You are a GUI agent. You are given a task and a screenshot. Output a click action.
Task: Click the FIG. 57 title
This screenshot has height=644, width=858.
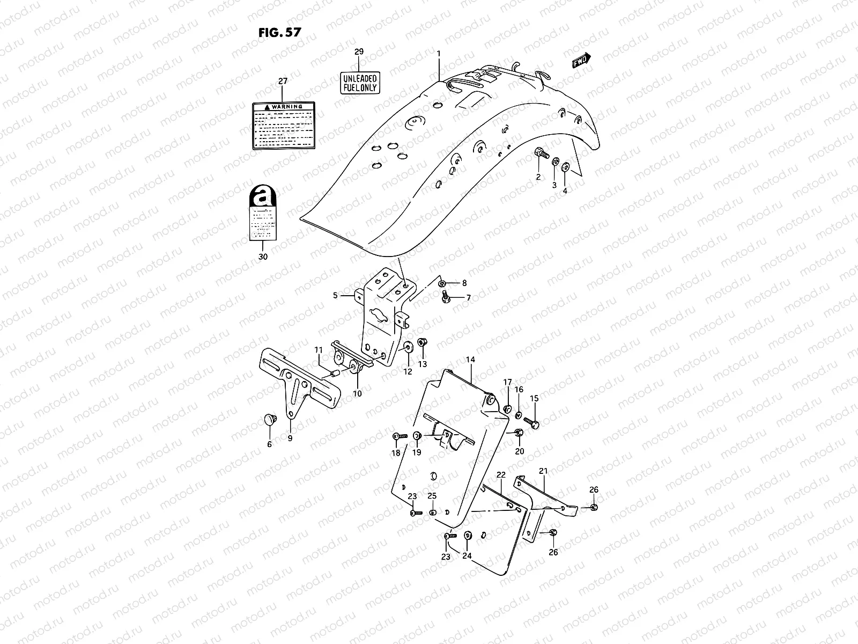pos(279,32)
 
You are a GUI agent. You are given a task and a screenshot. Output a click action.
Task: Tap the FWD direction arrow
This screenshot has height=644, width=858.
pos(581,61)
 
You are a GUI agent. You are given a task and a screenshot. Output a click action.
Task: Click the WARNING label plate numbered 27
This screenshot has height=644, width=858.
pos(283,125)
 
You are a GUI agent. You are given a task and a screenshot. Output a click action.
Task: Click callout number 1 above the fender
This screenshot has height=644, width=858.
pos(439,54)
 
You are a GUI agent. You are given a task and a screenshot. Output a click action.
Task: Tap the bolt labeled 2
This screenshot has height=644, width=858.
pos(542,155)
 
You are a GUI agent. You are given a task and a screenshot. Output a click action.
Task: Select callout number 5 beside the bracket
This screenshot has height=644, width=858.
pos(335,295)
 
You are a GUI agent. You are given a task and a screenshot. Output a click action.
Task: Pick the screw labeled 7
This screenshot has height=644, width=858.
pos(445,295)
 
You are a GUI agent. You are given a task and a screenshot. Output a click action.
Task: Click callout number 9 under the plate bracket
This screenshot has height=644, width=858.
pos(290,438)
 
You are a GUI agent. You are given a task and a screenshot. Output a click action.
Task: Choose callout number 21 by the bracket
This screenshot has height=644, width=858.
pos(543,471)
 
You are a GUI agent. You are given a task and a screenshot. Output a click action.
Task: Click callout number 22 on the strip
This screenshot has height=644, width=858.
pos(500,475)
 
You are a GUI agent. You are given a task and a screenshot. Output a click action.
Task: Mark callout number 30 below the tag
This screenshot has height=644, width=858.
pos(263,257)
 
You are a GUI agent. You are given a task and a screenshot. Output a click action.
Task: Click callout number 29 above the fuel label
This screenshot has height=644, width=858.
pos(359,52)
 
